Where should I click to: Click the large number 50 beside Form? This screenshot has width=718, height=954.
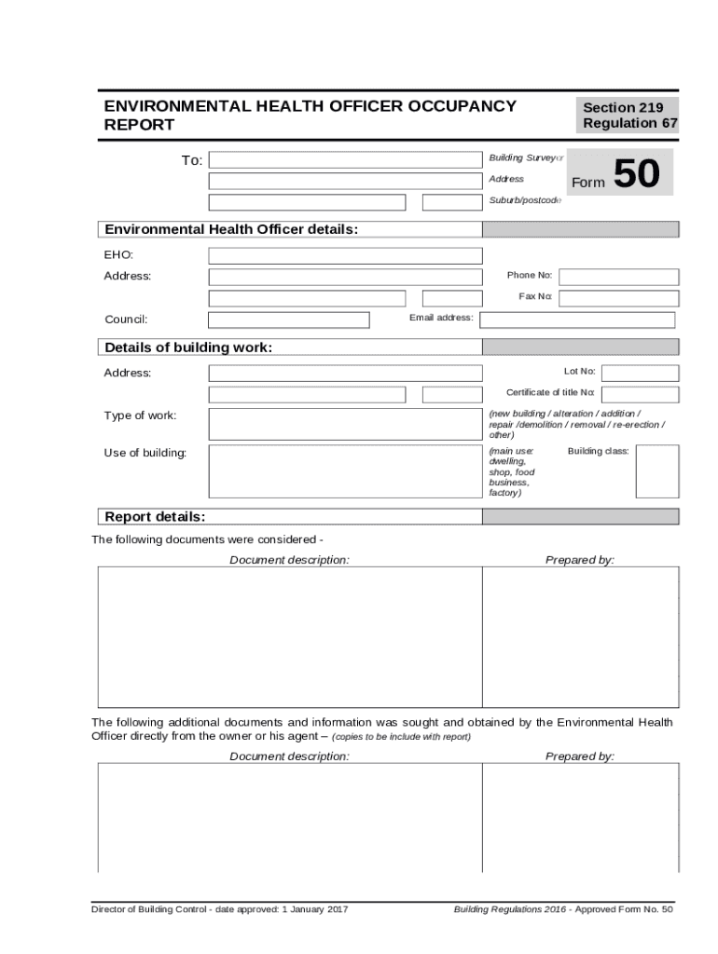tap(637, 175)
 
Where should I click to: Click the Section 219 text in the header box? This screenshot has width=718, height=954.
tap(623, 107)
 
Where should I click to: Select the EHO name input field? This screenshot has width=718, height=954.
tap(345, 256)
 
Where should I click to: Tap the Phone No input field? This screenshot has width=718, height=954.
tap(618, 277)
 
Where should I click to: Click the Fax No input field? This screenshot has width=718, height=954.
tap(618, 298)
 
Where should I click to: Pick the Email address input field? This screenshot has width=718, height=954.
tap(577, 320)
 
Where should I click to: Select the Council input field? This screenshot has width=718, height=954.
tap(288, 320)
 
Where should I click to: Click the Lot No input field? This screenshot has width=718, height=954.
tap(641, 373)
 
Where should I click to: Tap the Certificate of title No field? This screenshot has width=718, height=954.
tap(641, 394)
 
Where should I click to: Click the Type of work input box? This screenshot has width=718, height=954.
tap(345, 424)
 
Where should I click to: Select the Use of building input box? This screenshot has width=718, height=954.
tap(345, 471)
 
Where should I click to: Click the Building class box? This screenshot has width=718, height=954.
tap(656, 471)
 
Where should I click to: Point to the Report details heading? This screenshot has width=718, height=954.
tap(155, 517)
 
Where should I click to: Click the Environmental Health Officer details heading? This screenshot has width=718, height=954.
tap(231, 229)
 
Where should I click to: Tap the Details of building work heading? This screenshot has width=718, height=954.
tap(188, 348)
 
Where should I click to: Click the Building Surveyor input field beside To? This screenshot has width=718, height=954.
tap(345, 160)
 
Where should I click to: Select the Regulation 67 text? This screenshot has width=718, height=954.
tap(630, 124)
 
